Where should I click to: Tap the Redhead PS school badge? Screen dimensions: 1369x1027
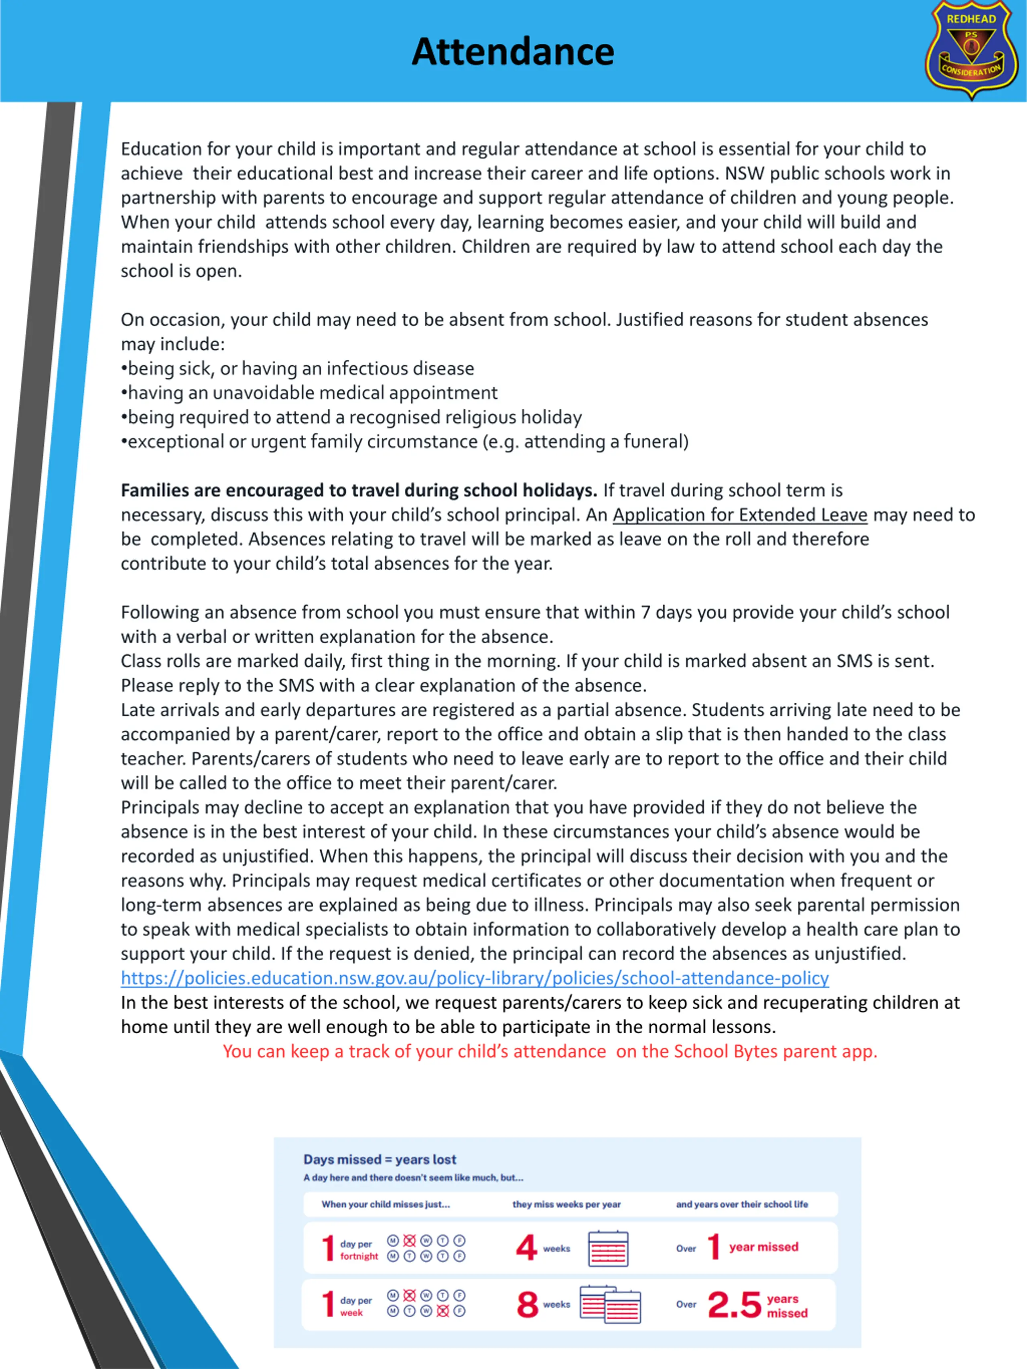tap(971, 49)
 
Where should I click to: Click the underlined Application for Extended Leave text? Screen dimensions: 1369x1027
tap(740, 515)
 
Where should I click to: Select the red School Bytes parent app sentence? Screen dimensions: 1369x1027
tap(550, 1051)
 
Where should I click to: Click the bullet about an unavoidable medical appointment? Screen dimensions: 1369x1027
tap(310, 393)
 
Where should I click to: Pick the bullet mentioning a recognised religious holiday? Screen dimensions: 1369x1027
tap(351, 417)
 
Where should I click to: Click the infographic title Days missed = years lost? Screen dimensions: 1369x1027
tap(380, 1159)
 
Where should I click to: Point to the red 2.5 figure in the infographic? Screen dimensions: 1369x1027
tap(734, 1305)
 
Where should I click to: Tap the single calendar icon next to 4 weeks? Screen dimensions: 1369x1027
tap(608, 1248)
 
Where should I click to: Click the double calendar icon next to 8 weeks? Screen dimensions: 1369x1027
tap(610, 1305)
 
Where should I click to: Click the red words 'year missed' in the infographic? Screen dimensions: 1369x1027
tap(763, 1247)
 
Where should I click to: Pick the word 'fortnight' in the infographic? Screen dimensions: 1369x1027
tap(359, 1256)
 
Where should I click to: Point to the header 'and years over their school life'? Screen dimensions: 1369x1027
tap(742, 1205)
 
